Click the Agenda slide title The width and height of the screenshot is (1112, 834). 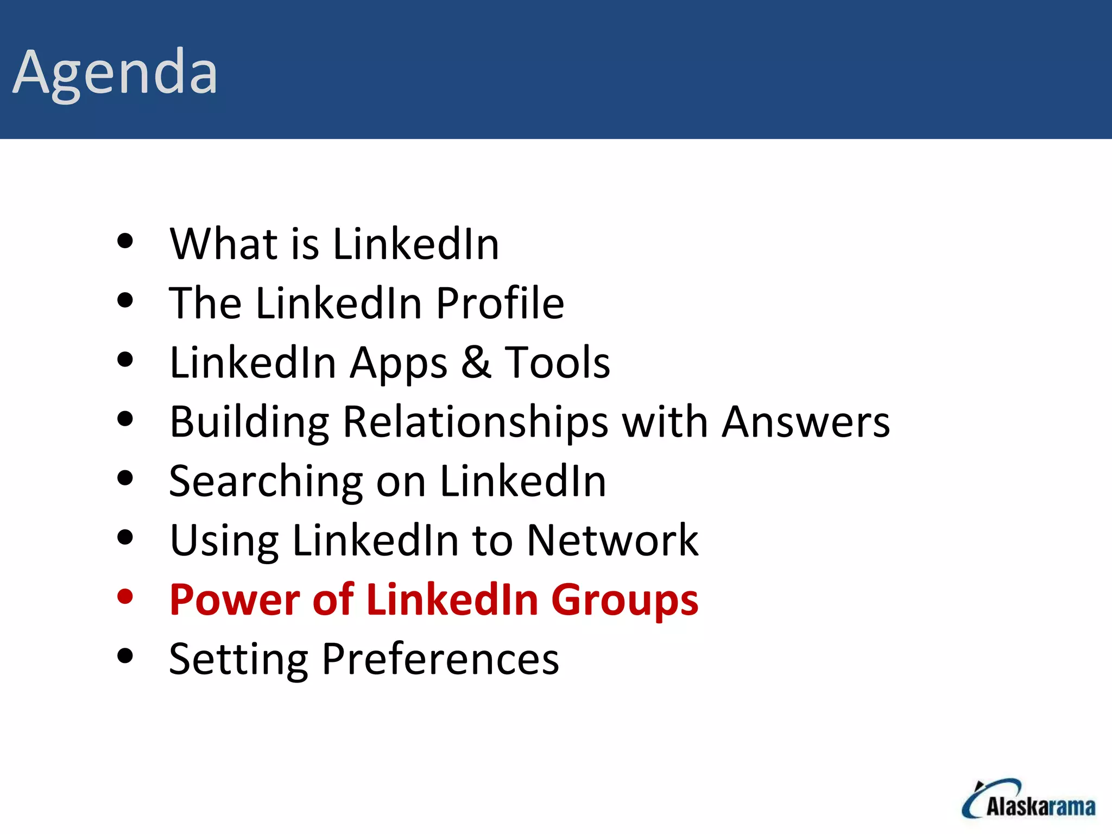click(115, 73)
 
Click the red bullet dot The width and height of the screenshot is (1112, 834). click(125, 597)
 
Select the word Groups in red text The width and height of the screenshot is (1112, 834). click(624, 601)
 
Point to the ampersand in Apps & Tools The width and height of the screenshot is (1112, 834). click(476, 362)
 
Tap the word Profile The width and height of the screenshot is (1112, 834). click(500, 303)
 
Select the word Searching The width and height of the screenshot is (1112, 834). click(266, 482)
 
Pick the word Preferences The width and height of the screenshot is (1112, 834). click(440, 659)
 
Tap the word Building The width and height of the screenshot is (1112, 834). click(249, 422)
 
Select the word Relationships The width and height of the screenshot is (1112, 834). click(476, 422)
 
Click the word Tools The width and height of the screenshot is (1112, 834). click(557, 362)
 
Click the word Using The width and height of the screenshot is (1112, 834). click(224, 541)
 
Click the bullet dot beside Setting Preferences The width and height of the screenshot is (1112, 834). click(125, 656)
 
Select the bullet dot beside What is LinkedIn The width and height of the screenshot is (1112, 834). click(125, 241)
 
